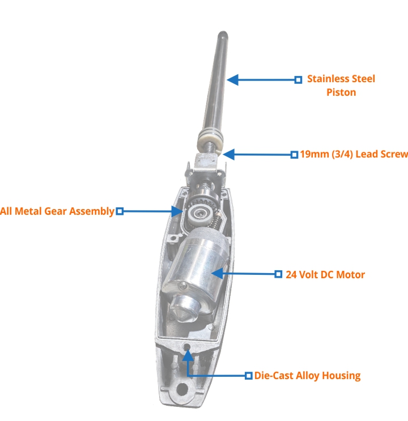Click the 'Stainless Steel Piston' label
[341, 86]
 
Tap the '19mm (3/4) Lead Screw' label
[354, 154]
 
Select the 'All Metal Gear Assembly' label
[57, 211]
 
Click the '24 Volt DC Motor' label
[325, 274]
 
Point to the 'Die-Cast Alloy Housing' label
[307, 376]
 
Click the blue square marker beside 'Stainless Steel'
[298, 80]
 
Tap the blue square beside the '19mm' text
[294, 155]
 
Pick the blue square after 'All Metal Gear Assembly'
[120, 211]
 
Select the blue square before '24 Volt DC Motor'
[278, 274]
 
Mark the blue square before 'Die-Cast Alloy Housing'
[249, 376]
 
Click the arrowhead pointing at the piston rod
[232, 80]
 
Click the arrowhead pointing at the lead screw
[228, 155]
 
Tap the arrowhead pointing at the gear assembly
[177, 211]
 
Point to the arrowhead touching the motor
[217, 274]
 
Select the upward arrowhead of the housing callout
[188, 355]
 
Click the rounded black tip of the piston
[223, 34]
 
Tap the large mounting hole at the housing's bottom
[182, 389]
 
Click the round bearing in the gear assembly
[199, 214]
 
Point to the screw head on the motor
[184, 286]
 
